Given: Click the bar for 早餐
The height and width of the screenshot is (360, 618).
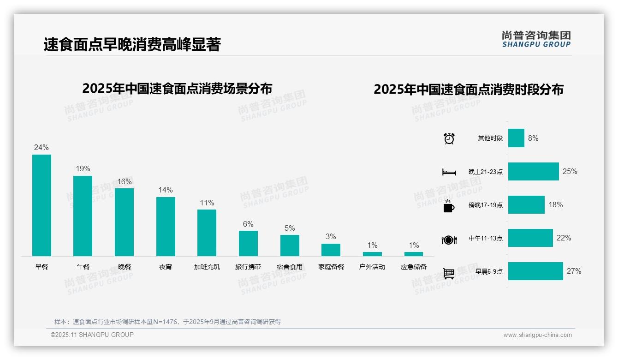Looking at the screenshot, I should click(42, 205).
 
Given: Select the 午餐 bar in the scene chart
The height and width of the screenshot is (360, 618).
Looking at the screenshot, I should click(83, 216).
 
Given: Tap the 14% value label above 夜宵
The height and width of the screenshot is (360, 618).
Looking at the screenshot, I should click(166, 190).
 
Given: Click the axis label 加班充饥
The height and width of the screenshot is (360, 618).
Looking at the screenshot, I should click(207, 267).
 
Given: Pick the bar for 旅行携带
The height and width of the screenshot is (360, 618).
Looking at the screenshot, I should click(248, 243).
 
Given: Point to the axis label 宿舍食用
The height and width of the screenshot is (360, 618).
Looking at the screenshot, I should click(290, 267).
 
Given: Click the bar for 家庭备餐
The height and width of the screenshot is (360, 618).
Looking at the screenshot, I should click(331, 250).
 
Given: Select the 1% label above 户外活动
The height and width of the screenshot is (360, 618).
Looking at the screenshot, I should click(372, 245).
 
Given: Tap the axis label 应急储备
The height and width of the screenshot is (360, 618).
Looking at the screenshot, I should click(414, 267).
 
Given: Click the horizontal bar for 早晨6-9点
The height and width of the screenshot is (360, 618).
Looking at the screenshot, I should click(535, 271).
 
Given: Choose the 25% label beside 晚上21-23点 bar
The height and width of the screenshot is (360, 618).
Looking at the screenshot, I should click(570, 172).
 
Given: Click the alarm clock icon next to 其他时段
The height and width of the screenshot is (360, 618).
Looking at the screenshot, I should click(449, 138).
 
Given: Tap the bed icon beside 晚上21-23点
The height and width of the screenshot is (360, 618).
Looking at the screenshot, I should click(449, 172).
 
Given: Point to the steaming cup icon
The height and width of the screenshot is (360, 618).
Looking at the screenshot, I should click(449, 206).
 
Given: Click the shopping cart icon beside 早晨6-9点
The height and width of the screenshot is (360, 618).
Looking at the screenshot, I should click(449, 273).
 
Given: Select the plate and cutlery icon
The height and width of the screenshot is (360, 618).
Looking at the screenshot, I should click(449, 240).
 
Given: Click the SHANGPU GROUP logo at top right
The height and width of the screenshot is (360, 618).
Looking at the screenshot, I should click(536, 39).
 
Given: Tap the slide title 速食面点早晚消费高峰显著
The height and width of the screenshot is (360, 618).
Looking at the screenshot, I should click(132, 44).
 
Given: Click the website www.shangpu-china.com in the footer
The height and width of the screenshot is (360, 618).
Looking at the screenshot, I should click(537, 335).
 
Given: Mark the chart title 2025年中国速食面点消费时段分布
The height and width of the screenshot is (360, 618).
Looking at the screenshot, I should click(469, 89).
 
